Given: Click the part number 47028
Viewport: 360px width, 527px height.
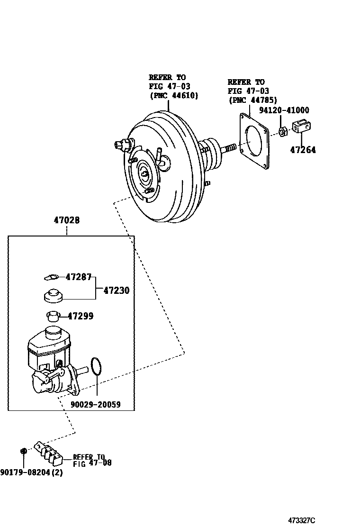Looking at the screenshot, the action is coord(67,220).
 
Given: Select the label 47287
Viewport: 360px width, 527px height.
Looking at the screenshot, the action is coord(78,277).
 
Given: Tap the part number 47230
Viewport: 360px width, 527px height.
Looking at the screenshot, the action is coord(116,291).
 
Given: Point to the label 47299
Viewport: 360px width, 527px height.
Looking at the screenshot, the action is coord(81,316).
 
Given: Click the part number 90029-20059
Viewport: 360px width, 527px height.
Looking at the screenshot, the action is coord(96,404).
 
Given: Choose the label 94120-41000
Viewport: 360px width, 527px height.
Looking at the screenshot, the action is coord(284,110).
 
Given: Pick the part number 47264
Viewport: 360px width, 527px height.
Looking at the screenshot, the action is coord(303,150).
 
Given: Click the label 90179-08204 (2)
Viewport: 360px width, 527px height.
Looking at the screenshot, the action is coord(31,472).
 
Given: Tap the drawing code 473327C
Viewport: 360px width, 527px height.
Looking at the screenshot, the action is coord(302,520).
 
